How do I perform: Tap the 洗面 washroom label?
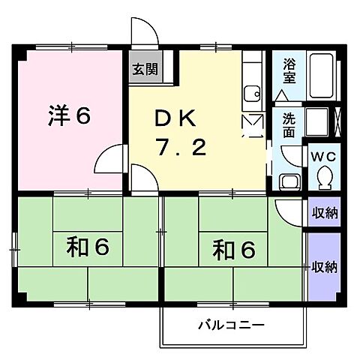[289, 124]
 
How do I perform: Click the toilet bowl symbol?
[325, 177]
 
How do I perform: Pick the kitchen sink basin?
[250, 93]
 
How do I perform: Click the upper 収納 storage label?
[325, 213]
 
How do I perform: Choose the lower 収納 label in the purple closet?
[325, 266]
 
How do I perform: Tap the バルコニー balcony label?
[232, 325]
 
